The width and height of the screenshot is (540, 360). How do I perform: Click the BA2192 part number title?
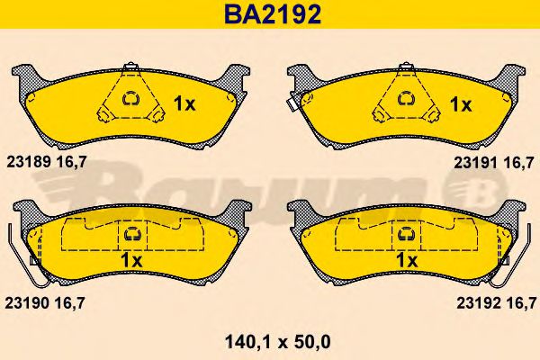273,14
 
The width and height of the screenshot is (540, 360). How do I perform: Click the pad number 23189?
29,162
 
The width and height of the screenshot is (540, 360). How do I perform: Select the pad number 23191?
476,163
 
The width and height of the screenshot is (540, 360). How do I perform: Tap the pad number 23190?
27,303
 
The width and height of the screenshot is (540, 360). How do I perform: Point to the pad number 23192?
479,303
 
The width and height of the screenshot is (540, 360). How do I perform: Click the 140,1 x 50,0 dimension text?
277,342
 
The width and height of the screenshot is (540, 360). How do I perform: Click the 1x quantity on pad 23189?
184,103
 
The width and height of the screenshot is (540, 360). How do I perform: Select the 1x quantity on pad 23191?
461,104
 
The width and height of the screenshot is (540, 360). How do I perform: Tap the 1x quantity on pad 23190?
131,260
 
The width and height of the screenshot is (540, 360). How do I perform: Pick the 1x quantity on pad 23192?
407,260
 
